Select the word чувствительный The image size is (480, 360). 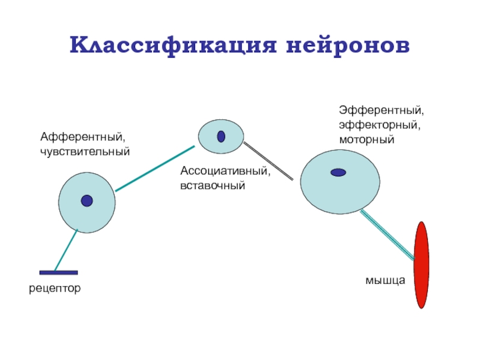[85, 152]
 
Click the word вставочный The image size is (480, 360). [213, 185]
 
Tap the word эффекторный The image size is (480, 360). [379, 125]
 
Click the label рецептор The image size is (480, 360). [55, 289]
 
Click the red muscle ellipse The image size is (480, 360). [422, 265]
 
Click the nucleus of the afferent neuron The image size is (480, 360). [87, 201]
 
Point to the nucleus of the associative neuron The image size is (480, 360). [221, 137]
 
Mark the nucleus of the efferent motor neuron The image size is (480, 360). [338, 172]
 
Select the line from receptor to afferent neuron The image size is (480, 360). [66, 251]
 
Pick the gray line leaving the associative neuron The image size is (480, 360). [268, 160]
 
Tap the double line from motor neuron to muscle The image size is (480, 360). [387, 234]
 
